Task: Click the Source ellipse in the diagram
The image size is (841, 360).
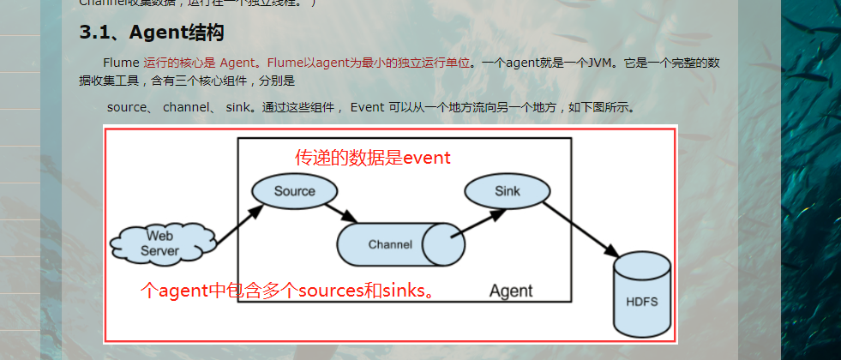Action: (294, 191)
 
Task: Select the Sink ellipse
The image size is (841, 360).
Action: (507, 191)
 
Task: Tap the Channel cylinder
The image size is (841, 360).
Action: (399, 244)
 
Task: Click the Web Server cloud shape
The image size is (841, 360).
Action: (159, 243)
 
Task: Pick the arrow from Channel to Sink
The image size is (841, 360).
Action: (478, 223)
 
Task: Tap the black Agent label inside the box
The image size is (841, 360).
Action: (511, 291)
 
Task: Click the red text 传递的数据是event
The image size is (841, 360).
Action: (373, 158)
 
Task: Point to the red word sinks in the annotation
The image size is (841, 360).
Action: (404, 291)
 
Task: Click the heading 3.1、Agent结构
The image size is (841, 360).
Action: (152, 33)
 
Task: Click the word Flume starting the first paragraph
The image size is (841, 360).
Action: (121, 63)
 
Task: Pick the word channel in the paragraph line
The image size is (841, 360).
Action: (185, 108)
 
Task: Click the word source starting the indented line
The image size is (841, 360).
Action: (127, 108)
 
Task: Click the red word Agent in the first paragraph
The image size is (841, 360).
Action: (237, 63)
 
